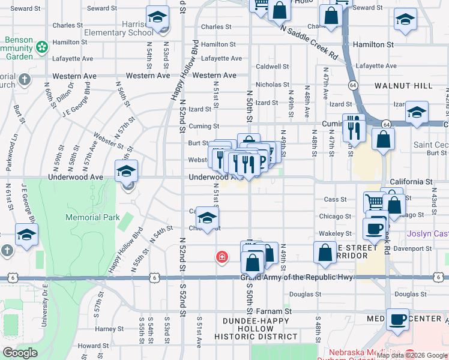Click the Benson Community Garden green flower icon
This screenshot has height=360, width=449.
42,46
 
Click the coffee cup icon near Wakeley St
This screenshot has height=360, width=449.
375,229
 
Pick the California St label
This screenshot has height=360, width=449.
411,181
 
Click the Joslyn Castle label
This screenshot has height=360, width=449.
427,233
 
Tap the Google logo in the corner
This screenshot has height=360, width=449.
20,353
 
